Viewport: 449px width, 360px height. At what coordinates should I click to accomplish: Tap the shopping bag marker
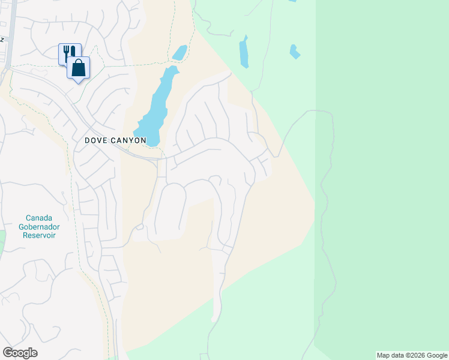pos(79,67)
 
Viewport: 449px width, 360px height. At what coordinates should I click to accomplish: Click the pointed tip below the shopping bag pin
pos(79,83)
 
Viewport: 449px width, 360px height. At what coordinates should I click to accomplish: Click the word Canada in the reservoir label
pos(39,218)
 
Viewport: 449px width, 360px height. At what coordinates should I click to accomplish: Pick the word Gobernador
pos(39,227)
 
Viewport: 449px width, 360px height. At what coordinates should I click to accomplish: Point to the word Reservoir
pos(39,236)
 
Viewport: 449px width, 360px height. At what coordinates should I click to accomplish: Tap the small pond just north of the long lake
pos(179,53)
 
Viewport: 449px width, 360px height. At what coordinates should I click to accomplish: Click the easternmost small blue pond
pos(294,52)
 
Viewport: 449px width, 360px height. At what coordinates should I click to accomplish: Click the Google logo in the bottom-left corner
pos(20,353)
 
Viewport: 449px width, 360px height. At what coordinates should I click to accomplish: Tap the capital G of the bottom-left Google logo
pos(7,353)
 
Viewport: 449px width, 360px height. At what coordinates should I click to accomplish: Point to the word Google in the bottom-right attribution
pos(436,355)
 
